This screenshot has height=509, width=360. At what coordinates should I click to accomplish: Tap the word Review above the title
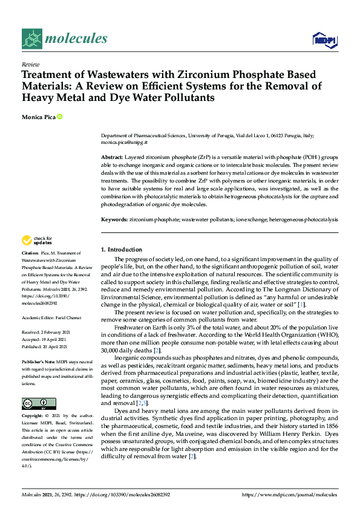tap(30, 64)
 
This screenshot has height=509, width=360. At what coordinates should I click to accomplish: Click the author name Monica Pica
tap(38, 116)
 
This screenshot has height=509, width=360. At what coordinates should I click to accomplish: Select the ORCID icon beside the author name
tap(60, 116)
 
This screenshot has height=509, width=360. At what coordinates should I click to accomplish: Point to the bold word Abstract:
tap(113, 157)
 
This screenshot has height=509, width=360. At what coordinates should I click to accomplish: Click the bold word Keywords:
tap(114, 219)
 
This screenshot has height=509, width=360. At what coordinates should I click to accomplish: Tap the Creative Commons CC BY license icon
tap(38, 403)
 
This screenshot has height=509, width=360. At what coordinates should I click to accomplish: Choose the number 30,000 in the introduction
tap(112, 351)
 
